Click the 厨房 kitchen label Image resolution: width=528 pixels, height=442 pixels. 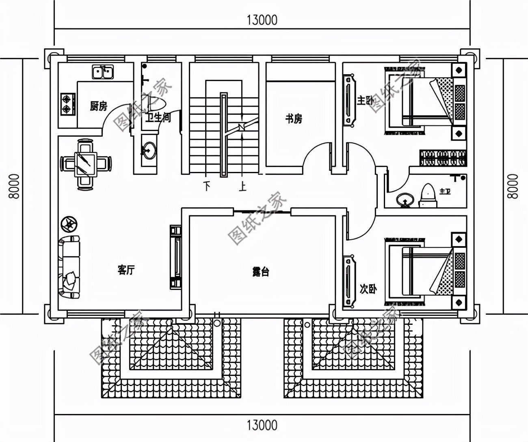coord(98,107)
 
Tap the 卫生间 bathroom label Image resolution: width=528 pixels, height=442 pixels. coord(158,118)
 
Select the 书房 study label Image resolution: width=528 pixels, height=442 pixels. coord(293,119)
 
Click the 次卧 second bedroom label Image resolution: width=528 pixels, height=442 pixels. coord(368,289)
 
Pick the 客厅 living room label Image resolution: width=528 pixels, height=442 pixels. coord(126,270)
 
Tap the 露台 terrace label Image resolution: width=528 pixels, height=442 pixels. coord(260,272)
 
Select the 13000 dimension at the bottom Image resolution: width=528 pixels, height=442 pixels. coord(262,425)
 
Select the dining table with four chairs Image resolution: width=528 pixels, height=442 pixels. coord(86,164)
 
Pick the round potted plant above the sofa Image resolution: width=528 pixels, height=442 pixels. coord(69,223)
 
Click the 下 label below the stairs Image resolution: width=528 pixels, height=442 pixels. coord(208,187)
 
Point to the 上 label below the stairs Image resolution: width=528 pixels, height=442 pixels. coord(242,187)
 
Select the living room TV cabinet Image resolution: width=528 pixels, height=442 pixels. coord(175,256)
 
